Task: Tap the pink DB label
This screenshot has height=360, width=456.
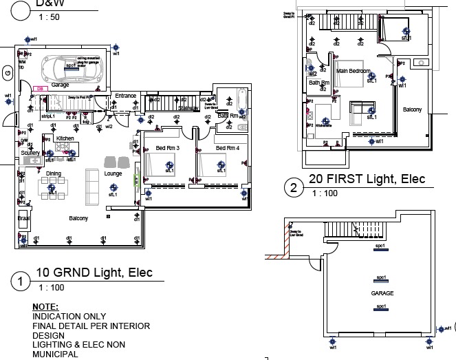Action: click(40, 88)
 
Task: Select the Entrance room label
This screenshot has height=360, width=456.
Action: click(126, 96)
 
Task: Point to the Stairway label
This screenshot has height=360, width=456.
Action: click(188, 108)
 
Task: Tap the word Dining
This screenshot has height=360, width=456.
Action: click(54, 173)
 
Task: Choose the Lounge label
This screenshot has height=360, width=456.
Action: click(113, 174)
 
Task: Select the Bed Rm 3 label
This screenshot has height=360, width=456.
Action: click(167, 149)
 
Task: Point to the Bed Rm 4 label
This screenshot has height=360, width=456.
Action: click(227, 149)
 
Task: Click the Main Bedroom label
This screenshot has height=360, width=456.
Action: click(354, 71)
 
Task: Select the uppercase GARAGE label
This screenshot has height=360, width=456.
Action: click(382, 293)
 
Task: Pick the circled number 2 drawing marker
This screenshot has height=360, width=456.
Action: click(294, 187)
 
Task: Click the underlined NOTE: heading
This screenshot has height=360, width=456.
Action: click(45, 306)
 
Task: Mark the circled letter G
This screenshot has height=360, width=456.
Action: click(8, 72)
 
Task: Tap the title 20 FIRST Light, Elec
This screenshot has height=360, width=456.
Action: click(367, 180)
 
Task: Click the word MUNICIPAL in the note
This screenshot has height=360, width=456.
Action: click(55, 354)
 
